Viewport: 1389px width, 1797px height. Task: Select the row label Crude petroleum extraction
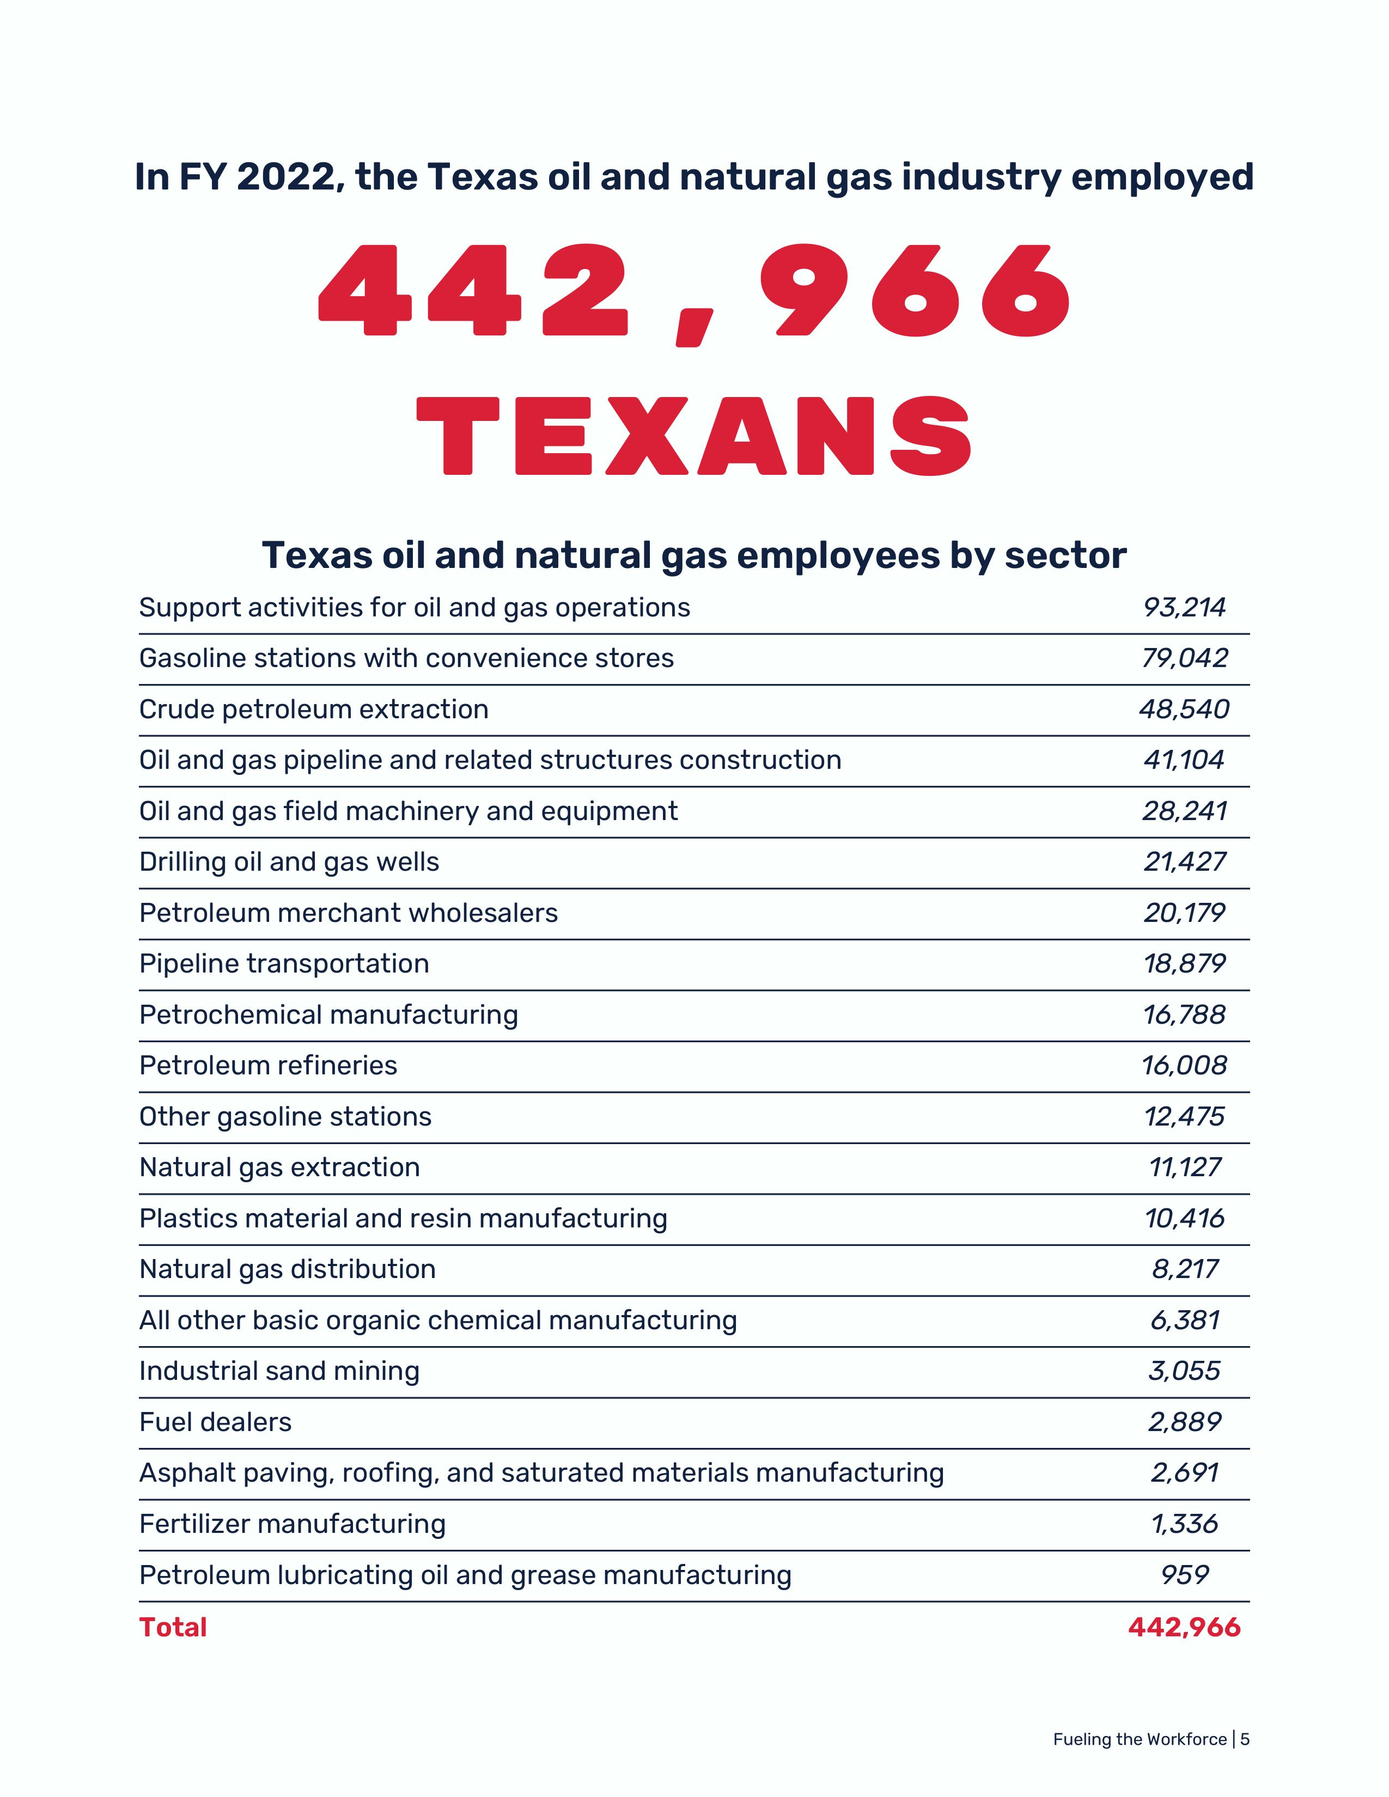coord(314,709)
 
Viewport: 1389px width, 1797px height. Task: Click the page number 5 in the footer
coord(1245,1739)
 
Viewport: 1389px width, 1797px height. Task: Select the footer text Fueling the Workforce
coord(1140,1739)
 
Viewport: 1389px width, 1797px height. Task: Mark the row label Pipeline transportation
coord(284,963)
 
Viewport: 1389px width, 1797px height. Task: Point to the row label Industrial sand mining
coord(279,1371)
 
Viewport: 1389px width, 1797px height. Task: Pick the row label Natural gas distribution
coord(287,1269)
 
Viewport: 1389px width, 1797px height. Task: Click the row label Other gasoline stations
coord(285,1116)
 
